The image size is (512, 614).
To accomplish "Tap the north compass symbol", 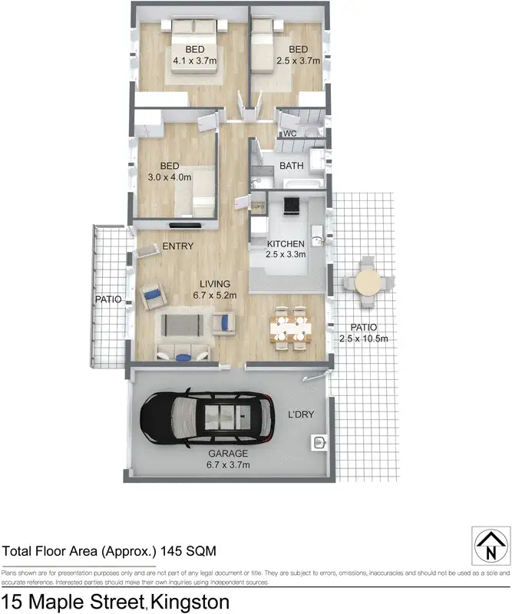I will point(488,547).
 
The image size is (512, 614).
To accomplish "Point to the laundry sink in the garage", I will point(320,443).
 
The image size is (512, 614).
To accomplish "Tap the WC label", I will point(289,134).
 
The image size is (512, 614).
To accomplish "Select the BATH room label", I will point(292,166).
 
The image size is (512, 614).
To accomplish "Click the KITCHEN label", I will point(286,244).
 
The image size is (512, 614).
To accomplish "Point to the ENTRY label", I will point(177,246).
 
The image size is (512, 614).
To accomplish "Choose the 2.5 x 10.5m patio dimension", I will point(364,338).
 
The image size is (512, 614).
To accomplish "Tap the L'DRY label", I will point(300,415).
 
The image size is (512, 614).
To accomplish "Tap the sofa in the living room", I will point(187,326).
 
